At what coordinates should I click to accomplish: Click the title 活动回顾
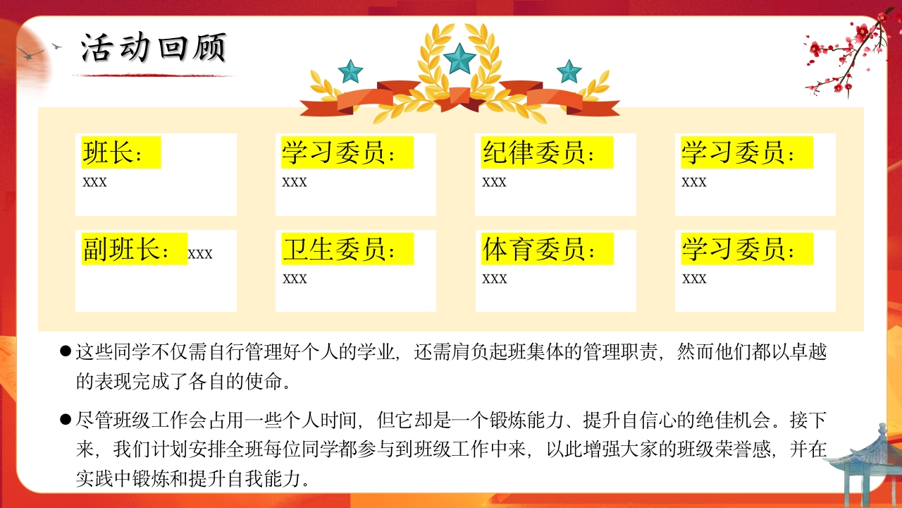pyautogui.click(x=154, y=47)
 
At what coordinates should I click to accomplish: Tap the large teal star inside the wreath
pyautogui.click(x=459, y=59)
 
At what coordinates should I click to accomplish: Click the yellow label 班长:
pyautogui.click(x=121, y=152)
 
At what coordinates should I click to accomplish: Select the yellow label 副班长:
pyautogui.click(x=135, y=249)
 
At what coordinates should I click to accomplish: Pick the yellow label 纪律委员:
pyautogui.click(x=547, y=152)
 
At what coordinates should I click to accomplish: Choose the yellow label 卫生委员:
pyautogui.click(x=347, y=249)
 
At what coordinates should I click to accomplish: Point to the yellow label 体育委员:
pyautogui.click(x=548, y=249)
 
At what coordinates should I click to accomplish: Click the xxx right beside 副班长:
pyautogui.click(x=200, y=254)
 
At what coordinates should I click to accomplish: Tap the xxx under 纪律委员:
pyautogui.click(x=494, y=182)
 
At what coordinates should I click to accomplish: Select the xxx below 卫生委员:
pyautogui.click(x=295, y=279)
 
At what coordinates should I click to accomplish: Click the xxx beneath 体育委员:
pyautogui.click(x=495, y=279)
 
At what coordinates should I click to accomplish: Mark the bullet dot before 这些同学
pyautogui.click(x=66, y=351)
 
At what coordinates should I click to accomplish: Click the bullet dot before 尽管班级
pyautogui.click(x=66, y=419)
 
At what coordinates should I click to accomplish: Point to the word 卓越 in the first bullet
pyautogui.click(x=808, y=352)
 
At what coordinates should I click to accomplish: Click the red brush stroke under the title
pyautogui.click(x=153, y=75)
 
